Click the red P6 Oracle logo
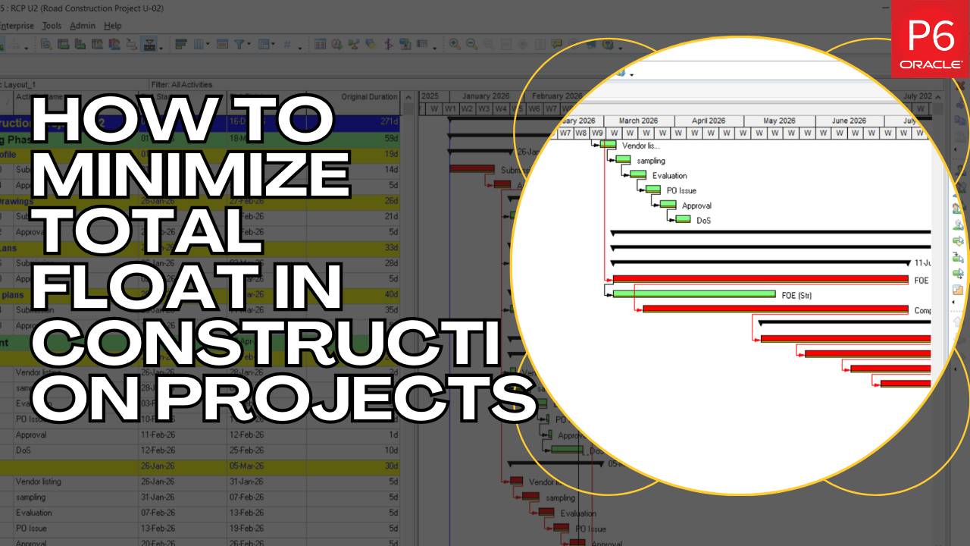tap(929, 38)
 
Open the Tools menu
tap(52, 26)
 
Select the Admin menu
tap(83, 26)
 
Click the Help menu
tap(112, 26)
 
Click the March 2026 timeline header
tap(639, 121)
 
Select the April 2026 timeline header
tap(709, 121)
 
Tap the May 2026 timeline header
tap(779, 121)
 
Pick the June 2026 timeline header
tap(849, 121)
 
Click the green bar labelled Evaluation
tap(638, 174)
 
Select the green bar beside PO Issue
tap(653, 190)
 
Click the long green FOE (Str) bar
tap(693, 294)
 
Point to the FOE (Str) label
tap(796, 295)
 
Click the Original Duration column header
tap(368, 97)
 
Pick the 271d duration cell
tap(389, 122)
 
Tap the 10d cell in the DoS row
tap(392, 450)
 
